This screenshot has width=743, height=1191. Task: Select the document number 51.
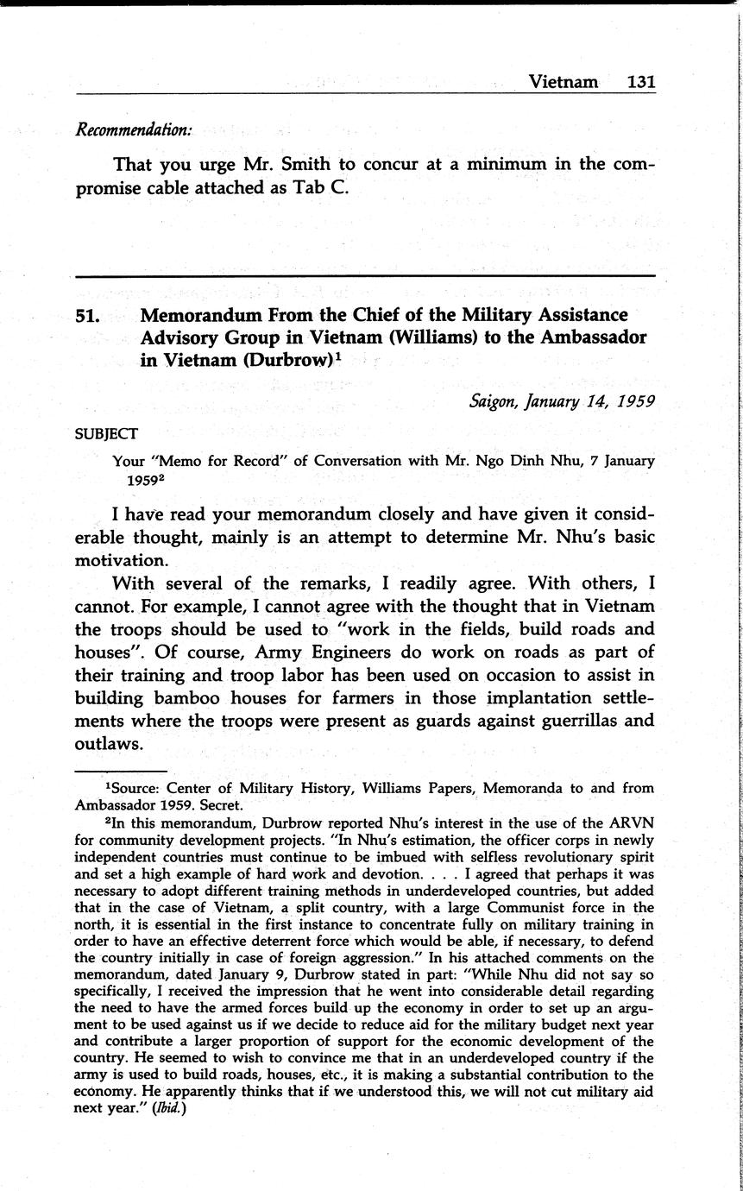coord(89,316)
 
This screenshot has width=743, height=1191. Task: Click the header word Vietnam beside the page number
coord(563,81)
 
